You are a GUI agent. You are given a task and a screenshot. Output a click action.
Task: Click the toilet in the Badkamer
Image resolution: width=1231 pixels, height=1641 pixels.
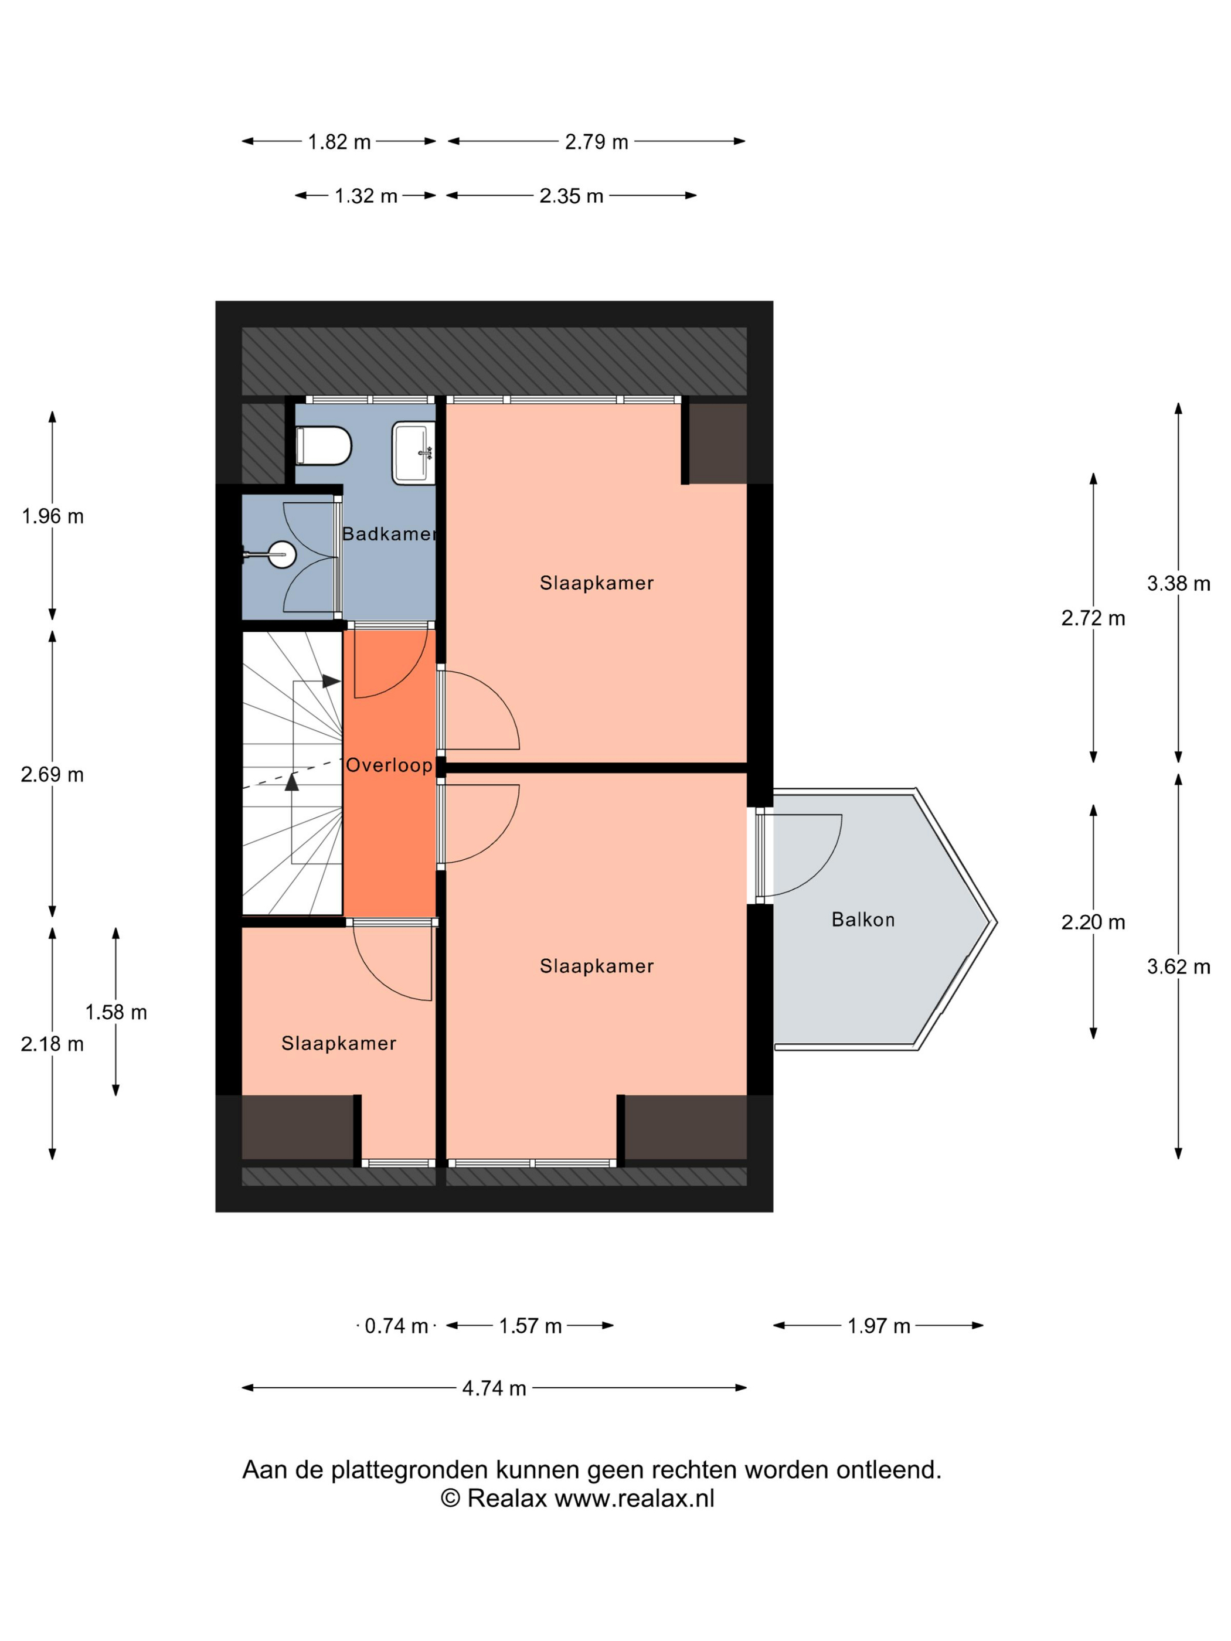(323, 445)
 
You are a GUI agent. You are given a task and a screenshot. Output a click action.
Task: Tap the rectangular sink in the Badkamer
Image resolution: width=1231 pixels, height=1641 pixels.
(413, 452)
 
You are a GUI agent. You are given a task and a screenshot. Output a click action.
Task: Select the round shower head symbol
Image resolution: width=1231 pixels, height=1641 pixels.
(282, 554)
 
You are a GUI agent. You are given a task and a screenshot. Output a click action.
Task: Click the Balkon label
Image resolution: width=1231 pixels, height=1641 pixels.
(863, 920)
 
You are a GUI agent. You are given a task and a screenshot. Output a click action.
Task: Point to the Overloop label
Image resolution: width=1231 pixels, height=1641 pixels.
(389, 765)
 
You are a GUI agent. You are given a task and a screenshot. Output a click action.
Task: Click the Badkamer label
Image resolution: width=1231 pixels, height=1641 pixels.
(389, 533)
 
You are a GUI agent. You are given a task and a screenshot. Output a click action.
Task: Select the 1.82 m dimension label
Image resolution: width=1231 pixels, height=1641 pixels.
(339, 142)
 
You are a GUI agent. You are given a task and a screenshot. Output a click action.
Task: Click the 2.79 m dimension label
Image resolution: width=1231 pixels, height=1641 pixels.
(597, 142)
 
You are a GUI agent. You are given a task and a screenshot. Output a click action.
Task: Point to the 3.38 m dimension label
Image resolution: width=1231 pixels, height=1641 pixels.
(1178, 583)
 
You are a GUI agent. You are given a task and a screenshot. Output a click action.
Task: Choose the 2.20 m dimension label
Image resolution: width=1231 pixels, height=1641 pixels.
(1093, 922)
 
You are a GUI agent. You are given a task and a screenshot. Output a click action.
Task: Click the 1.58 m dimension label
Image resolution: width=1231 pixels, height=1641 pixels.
(115, 1012)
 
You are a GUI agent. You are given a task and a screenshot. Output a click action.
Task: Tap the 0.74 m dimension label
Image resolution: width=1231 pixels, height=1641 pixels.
(396, 1326)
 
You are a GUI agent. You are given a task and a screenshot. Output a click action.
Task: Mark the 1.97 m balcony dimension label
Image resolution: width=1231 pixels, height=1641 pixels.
(879, 1326)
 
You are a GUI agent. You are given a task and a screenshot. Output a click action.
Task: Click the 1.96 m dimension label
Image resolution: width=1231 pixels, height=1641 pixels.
(53, 516)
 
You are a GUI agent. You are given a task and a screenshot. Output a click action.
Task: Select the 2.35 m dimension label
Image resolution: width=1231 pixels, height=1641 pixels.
(572, 196)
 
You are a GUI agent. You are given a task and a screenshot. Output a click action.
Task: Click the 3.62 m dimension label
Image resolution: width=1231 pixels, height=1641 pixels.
(1178, 966)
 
